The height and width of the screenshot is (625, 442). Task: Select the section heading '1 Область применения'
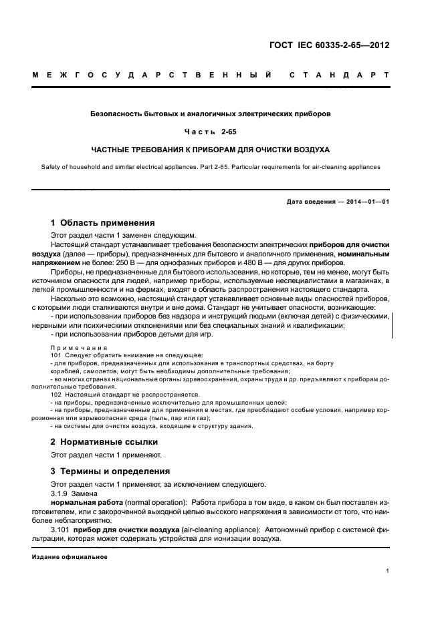103,222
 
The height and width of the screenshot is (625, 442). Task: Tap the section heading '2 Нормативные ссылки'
104,442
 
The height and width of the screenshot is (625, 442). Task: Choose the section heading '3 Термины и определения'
110,470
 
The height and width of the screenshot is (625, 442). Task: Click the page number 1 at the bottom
388,571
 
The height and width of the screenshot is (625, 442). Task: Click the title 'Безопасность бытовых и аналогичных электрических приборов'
211,114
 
